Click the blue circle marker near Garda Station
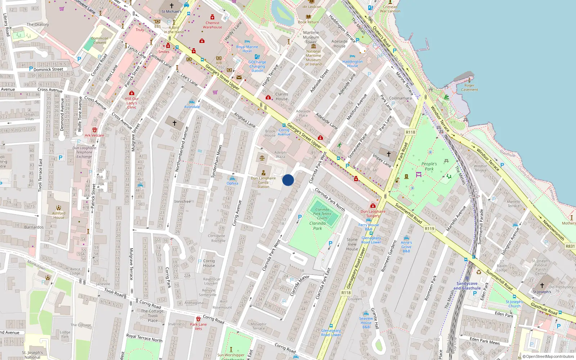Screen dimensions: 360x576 pos(288,180)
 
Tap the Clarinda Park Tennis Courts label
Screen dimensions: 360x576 pos(322,213)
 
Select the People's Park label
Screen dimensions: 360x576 pos(429,166)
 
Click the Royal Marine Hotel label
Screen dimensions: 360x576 pos(247,49)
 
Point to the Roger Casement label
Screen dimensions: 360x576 pos(469,87)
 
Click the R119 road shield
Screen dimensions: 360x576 pos(429,229)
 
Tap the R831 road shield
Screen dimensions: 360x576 pos(570,246)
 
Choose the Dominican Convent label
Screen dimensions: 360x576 pos(100,40)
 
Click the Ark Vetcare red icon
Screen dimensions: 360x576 pos(95,130)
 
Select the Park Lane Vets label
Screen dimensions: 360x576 pos(198,326)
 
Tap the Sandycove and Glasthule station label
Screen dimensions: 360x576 pos(467,286)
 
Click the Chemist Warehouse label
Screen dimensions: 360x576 pos(212,25)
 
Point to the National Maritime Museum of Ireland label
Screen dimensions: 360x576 pos(314,58)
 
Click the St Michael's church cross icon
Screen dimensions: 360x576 pos(172,6)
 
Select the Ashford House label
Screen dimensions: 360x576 pos(59,215)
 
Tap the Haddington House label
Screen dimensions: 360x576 pos(352,64)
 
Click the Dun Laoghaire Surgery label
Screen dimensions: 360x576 pos(373,213)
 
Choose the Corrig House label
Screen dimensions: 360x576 pos(209,263)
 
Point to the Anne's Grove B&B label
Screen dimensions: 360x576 pos(406,247)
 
